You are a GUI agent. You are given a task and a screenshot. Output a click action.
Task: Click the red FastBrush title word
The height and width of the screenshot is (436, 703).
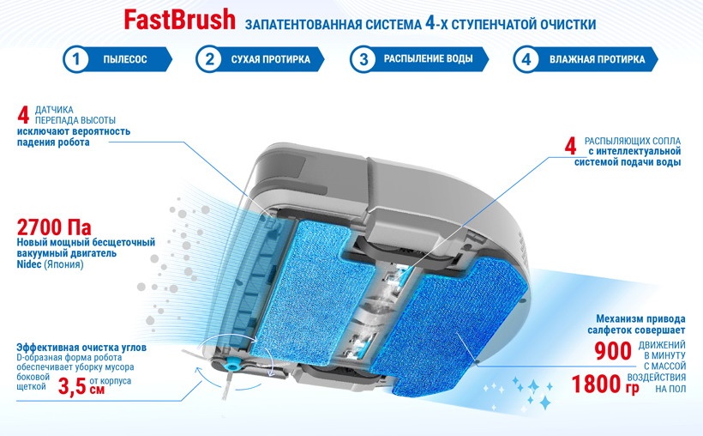coord(179,21)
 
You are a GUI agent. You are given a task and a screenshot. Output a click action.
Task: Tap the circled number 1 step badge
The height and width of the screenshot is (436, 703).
coord(75,59)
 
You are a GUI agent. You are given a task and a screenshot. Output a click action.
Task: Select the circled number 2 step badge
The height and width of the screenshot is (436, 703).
coord(209,59)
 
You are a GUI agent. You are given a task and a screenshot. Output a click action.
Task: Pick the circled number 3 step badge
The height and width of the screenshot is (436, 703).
coord(364,59)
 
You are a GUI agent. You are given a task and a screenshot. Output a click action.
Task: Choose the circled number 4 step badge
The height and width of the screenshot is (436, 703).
coord(526,59)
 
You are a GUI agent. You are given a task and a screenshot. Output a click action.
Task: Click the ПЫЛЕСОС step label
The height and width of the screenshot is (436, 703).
coord(125,59)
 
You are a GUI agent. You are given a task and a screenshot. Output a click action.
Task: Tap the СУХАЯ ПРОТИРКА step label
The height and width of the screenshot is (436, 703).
coord(271,59)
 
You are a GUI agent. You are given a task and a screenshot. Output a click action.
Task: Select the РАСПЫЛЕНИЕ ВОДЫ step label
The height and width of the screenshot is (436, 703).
coord(428,59)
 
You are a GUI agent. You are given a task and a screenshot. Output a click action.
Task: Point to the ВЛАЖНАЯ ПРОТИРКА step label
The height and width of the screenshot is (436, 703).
coord(598,59)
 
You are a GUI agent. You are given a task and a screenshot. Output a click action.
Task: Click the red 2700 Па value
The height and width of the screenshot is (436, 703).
coord(54,227)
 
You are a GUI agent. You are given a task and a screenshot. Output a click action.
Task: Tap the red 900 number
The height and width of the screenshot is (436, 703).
coord(613,352)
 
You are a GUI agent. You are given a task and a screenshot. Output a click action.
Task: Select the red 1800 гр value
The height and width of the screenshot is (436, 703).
coord(605,385)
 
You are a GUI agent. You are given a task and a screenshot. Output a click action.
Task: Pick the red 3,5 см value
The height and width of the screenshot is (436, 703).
coord(81,386)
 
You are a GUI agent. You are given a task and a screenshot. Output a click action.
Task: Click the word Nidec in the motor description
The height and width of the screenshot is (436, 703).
coord(29,264)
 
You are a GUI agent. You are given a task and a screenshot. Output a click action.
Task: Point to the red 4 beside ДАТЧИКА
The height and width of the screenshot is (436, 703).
coord(23,114)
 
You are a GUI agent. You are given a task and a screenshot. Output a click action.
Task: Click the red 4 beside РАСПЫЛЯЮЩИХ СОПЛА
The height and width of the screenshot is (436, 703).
coord(570,147)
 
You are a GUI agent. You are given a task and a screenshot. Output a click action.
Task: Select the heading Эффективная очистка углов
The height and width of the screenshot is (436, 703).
coord(81,348)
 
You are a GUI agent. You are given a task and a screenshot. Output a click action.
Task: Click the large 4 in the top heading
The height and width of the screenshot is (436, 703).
coord(430,22)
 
